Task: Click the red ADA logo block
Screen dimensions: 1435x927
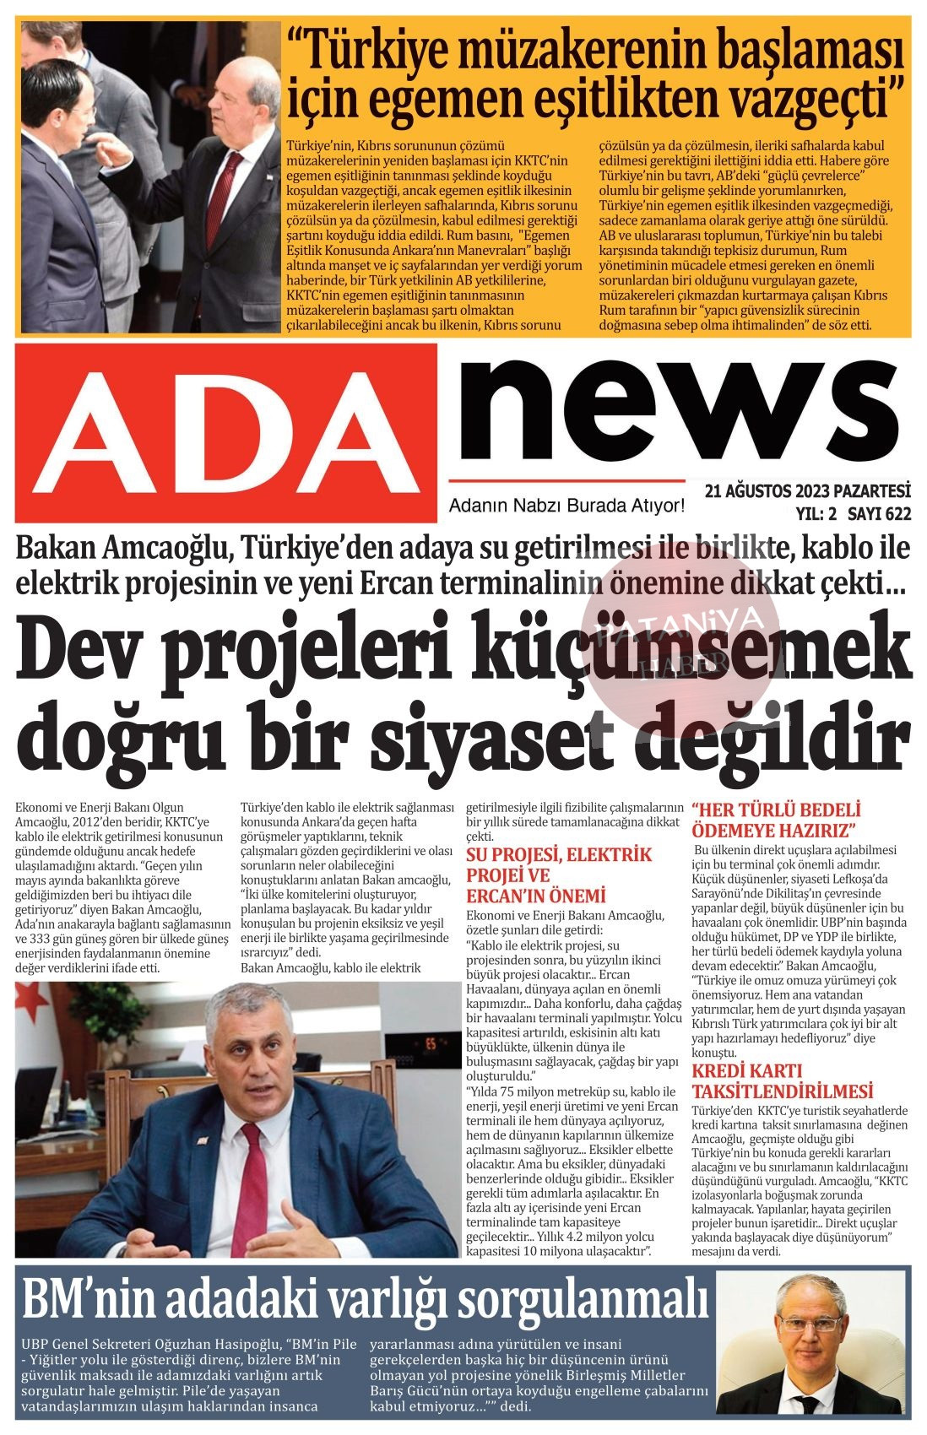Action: point(225,431)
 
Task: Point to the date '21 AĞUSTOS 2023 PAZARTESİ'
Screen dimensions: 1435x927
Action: point(808,490)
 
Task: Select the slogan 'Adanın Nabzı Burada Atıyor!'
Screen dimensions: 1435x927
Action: point(566,506)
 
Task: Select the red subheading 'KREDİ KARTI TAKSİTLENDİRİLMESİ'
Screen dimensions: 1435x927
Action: point(783,1080)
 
